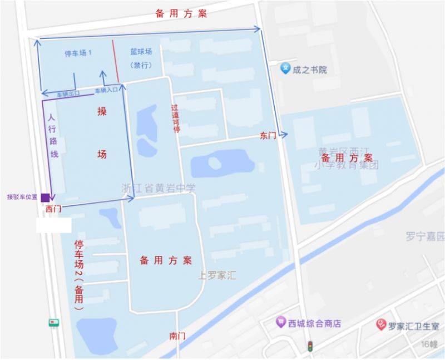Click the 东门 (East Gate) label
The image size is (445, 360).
click(268, 135)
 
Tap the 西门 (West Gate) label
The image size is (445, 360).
click(53, 210)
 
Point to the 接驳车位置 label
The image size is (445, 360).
click(22, 197)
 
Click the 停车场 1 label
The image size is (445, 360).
click(78, 53)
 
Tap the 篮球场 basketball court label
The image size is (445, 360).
click(141, 52)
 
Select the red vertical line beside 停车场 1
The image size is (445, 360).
click(115, 61)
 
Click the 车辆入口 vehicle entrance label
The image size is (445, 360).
click(106, 89)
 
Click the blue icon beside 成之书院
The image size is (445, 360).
click(285, 68)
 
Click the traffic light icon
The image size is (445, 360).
click(309, 346)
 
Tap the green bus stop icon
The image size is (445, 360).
click(53, 323)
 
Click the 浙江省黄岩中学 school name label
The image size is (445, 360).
click(159, 188)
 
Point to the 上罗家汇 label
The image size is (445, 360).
click(219, 275)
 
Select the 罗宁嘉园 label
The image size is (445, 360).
click(426, 236)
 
